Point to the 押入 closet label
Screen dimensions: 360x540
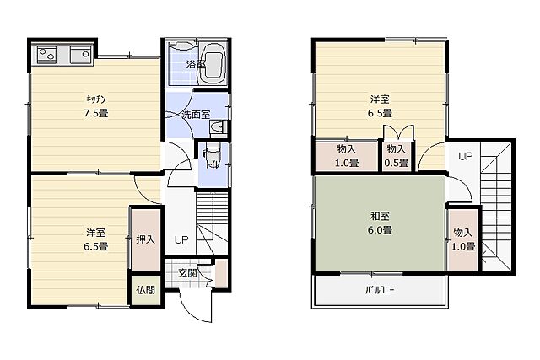coord(145,239)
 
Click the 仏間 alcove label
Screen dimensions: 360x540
coord(144,290)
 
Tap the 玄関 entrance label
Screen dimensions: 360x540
coord(186,272)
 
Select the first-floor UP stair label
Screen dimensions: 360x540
coord(181,239)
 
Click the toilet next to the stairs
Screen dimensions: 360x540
coord(212,155)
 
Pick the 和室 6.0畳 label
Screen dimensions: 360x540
coord(380,222)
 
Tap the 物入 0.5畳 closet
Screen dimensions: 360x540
coord(396,156)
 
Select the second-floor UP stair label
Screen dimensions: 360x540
coord(465,157)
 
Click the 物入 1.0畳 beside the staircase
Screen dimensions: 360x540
coord(462,239)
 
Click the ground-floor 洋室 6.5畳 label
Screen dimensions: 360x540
coord(94,239)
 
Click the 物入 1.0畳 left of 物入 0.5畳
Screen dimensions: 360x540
coord(346,156)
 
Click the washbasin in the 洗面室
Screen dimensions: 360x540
coord(216,127)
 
